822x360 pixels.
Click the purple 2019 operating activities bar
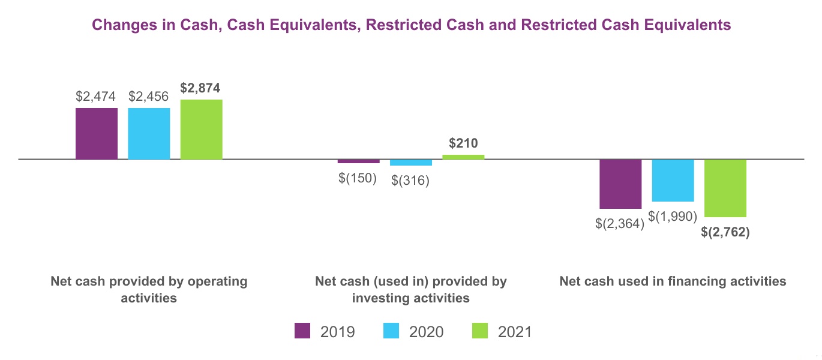97,134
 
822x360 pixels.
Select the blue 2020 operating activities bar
149,134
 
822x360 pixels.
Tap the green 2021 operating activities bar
202,130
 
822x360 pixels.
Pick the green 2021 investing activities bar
463,157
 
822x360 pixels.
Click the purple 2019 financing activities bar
620,184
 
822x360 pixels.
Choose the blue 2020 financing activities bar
673,180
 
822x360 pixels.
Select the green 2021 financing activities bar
725,188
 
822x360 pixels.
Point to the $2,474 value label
96,97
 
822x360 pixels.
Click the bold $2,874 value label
200,88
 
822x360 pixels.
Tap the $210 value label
463,143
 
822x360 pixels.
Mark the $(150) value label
358,178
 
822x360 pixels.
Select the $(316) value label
410,181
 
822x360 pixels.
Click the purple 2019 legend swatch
302,331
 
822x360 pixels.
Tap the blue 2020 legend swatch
391,331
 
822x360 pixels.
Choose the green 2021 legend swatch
480,331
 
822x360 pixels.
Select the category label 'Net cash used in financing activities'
673,281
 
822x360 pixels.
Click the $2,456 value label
148,97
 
